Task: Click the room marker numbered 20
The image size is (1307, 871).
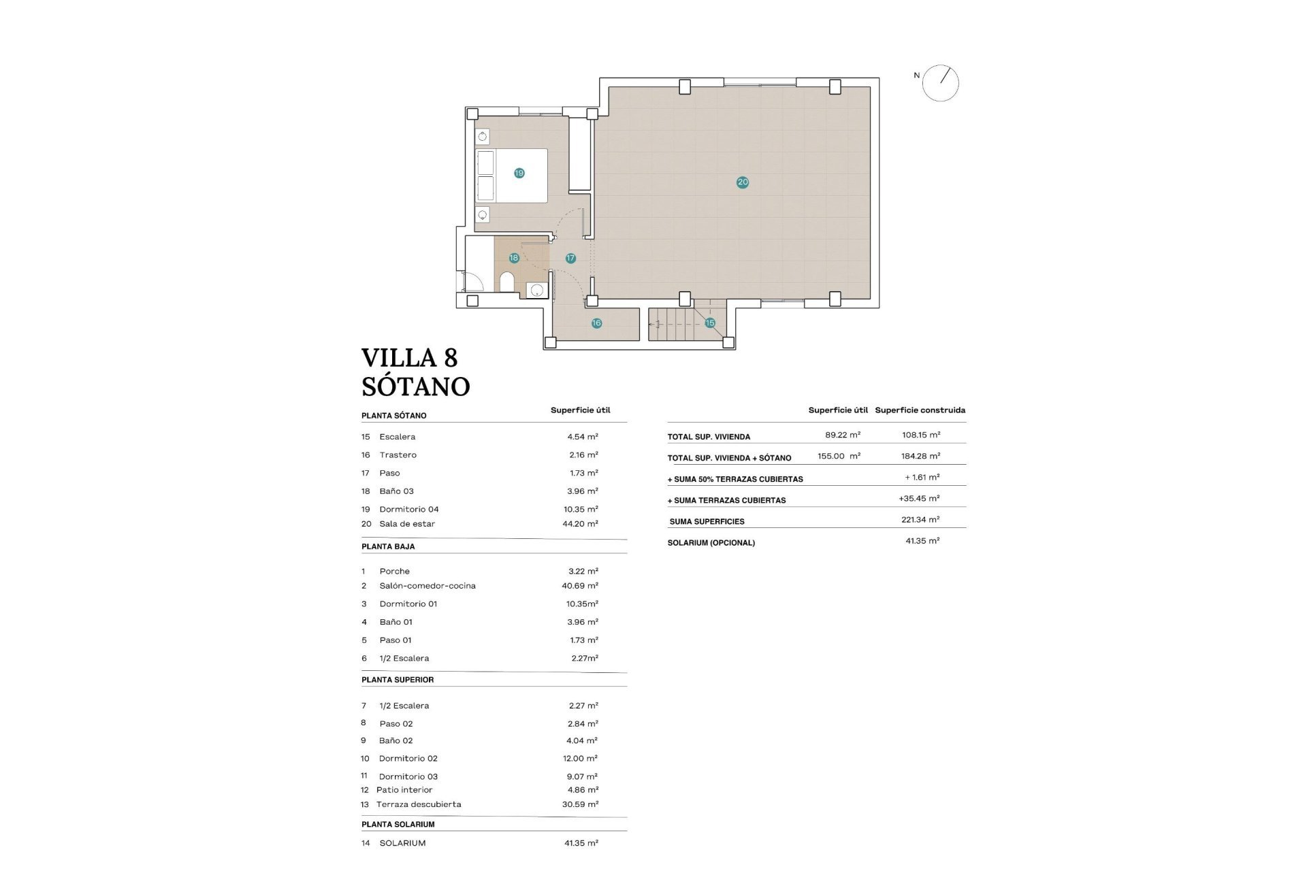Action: (x=742, y=182)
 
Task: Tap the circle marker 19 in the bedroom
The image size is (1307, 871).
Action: (x=519, y=173)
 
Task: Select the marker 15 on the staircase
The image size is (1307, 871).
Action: (x=709, y=323)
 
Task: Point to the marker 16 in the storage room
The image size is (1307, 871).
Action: (x=596, y=323)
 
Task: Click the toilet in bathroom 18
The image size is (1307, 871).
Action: (x=507, y=282)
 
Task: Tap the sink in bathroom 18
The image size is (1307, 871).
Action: (x=537, y=290)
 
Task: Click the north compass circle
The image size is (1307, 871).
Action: (x=940, y=84)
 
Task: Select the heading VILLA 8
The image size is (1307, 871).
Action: (x=409, y=358)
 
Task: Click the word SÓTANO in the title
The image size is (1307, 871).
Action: (x=415, y=387)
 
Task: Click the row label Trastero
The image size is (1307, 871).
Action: (x=398, y=455)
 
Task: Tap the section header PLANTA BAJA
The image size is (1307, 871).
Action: (x=388, y=546)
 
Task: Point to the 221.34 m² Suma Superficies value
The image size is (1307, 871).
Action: (x=920, y=520)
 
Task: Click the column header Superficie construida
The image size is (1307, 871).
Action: (x=920, y=410)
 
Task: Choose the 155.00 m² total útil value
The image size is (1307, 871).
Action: (x=839, y=457)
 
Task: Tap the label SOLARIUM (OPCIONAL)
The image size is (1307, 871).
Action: (x=711, y=543)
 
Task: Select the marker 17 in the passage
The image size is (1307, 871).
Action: (x=570, y=258)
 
